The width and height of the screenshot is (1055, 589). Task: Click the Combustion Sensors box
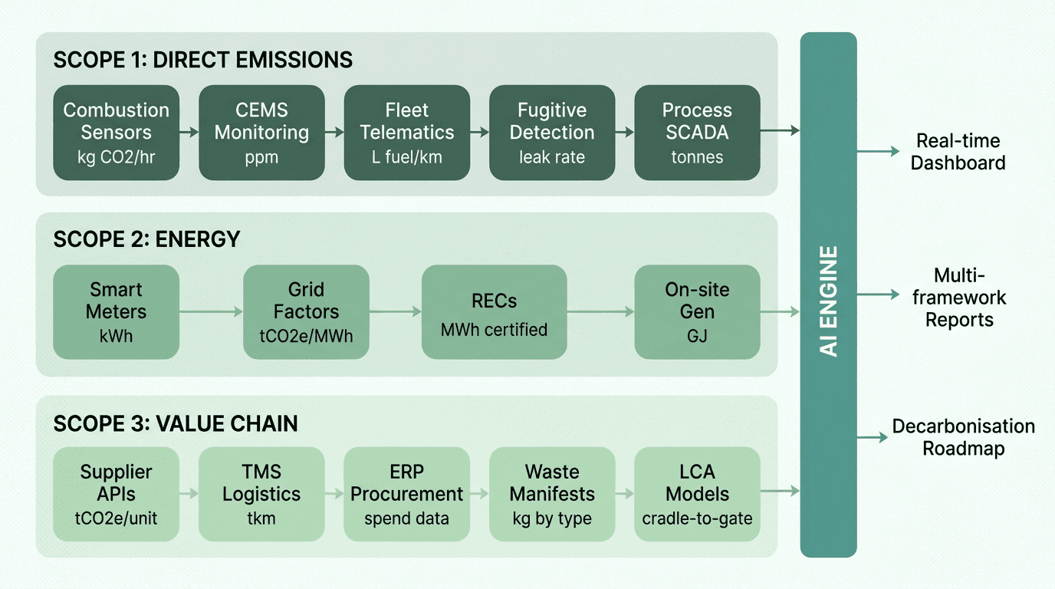tap(116, 133)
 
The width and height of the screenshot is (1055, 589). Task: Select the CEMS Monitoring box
tap(261, 133)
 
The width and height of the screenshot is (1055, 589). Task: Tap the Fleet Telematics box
tap(407, 133)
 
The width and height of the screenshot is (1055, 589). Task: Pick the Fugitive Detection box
tap(552, 133)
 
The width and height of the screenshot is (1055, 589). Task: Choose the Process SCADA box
tap(697, 133)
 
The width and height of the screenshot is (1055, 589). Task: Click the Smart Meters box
tap(116, 312)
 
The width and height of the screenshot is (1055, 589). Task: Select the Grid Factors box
tap(306, 312)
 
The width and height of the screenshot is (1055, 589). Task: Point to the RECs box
tap(494, 312)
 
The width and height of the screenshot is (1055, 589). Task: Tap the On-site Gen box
tap(697, 312)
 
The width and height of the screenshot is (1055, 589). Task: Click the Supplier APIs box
tap(116, 494)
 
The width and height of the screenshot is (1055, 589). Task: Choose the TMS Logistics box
tap(261, 494)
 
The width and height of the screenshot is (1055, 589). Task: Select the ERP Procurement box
tap(407, 494)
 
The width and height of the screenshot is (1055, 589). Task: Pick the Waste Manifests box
tap(552, 494)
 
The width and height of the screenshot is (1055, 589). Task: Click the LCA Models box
tap(697, 494)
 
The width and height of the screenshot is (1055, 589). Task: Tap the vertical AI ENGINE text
tap(828, 301)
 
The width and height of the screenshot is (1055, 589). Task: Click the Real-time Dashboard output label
tap(958, 152)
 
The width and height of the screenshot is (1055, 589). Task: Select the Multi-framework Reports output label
tap(958, 298)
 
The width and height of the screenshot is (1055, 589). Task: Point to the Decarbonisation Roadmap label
tap(963, 437)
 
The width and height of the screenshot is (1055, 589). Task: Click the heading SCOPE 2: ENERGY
tap(146, 239)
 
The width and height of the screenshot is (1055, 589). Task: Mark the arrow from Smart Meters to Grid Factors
tap(211, 311)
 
